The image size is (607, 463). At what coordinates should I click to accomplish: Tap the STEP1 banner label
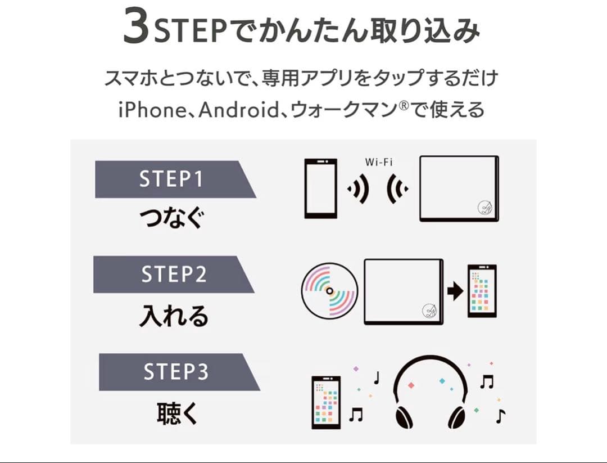click(x=171, y=179)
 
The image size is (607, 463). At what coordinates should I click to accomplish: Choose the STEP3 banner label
click(x=175, y=372)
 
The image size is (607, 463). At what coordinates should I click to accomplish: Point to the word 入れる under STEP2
click(x=173, y=316)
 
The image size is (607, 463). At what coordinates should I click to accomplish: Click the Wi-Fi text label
click(x=379, y=162)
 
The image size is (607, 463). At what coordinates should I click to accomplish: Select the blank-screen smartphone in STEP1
click(x=321, y=188)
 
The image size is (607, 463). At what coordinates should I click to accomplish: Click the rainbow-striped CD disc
click(x=329, y=290)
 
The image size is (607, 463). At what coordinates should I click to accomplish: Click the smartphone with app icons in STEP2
click(x=482, y=290)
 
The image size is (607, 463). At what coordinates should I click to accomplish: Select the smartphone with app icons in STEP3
click(x=326, y=402)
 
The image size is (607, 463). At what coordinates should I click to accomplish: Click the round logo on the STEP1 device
click(x=485, y=208)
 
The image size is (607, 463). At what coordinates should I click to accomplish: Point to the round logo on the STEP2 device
click(x=430, y=310)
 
